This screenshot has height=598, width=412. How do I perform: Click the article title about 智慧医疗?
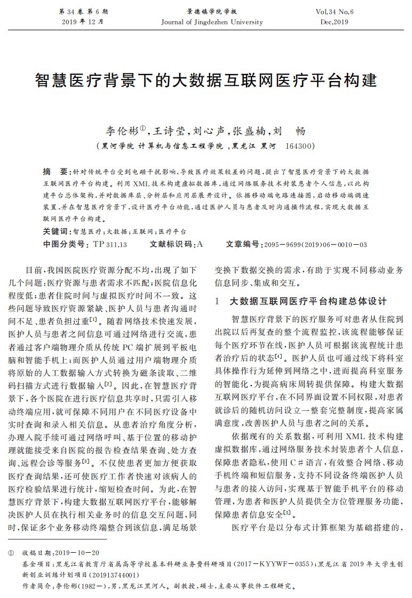tap(205, 80)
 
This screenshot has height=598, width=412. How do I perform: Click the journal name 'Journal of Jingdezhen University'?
tap(212, 22)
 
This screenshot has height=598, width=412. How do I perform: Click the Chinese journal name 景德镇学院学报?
tap(212, 11)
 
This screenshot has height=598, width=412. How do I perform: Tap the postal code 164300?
tap(300, 146)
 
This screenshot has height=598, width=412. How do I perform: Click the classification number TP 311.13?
tap(109, 244)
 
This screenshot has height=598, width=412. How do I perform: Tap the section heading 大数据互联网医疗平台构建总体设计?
tap(308, 301)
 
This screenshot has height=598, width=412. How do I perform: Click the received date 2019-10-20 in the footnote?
tap(80, 553)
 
